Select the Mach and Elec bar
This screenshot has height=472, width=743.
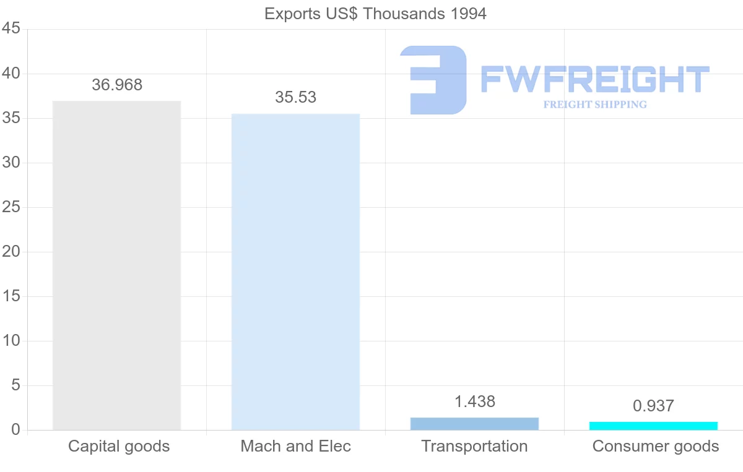click(295, 272)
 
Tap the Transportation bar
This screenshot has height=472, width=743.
click(474, 424)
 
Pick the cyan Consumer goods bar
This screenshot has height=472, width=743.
click(653, 426)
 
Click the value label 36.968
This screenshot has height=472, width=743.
click(117, 85)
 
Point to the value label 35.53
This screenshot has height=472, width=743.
click(295, 98)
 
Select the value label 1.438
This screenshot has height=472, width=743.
click(475, 402)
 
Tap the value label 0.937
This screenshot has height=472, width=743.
click(653, 406)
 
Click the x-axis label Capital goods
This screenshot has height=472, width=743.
click(119, 447)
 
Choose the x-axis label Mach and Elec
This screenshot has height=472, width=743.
click(295, 447)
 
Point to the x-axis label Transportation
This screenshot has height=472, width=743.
click(474, 447)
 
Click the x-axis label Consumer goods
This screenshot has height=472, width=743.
click(656, 447)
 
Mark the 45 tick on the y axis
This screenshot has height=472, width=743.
click(11, 29)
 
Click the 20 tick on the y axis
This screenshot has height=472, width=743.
click(11, 252)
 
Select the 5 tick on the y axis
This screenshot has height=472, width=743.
click(15, 385)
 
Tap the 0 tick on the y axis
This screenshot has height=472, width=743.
click(15, 430)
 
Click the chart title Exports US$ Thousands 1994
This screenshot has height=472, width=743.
click(375, 14)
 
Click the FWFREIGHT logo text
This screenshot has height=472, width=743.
click(594, 80)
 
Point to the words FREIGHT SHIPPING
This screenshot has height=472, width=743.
click(595, 105)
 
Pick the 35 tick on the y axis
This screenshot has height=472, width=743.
click(11, 118)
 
